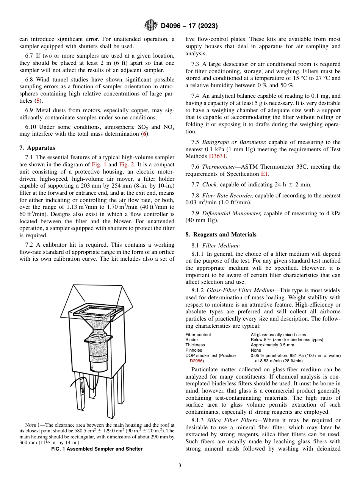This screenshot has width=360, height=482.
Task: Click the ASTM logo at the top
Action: [151, 26]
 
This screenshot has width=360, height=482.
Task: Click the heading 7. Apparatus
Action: [37, 148]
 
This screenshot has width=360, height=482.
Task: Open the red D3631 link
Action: [219, 156]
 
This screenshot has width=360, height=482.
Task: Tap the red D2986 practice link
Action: [197, 361]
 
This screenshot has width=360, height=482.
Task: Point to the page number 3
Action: [180, 466]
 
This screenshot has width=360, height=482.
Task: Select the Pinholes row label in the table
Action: [194, 351]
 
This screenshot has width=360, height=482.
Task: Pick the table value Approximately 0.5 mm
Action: [272, 345]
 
